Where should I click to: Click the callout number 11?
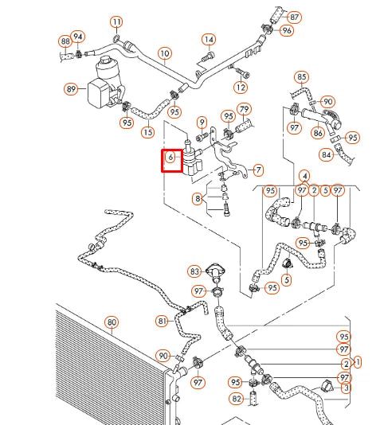click(x=117, y=21)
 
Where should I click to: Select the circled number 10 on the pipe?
click(x=164, y=54)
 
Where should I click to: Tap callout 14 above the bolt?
click(x=209, y=39)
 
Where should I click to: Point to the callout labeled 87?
click(x=295, y=17)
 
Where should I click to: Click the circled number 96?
click(x=287, y=30)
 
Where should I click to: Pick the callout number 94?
click(x=78, y=37)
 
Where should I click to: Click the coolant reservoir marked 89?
click(x=72, y=90)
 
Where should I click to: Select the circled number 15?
click(x=147, y=131)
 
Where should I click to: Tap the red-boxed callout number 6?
click(x=170, y=158)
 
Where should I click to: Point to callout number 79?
click(x=245, y=109)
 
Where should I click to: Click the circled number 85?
click(x=301, y=77)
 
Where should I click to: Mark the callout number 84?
click(x=327, y=154)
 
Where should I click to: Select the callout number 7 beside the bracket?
click(x=257, y=170)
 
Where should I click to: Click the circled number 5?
click(x=286, y=279)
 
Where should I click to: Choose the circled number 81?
click(x=162, y=321)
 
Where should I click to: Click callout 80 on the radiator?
click(x=112, y=322)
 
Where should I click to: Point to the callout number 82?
click(x=237, y=398)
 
